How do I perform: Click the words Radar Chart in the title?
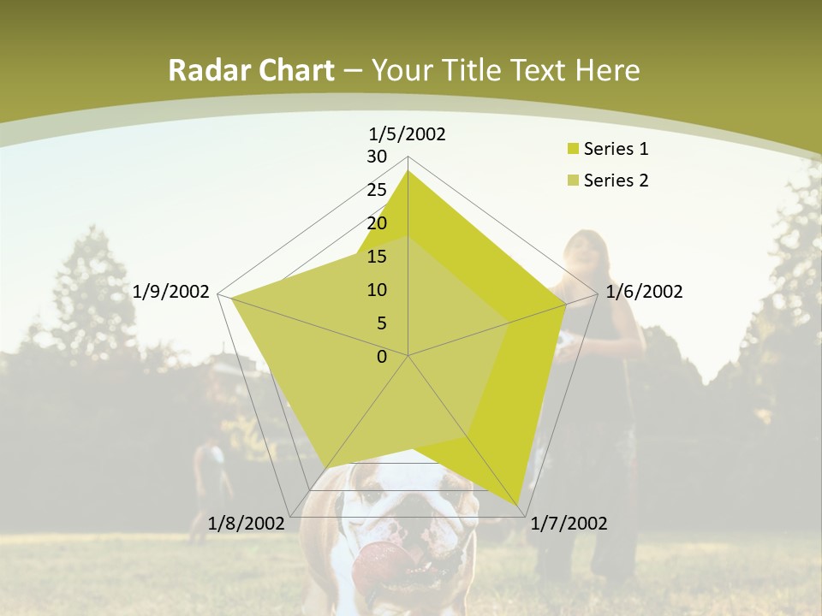(x=251, y=70)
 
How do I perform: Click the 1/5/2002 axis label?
(x=408, y=133)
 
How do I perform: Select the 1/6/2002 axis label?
(x=644, y=292)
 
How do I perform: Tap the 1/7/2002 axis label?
(x=569, y=524)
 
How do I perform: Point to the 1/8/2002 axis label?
(x=247, y=523)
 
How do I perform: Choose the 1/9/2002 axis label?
(x=171, y=292)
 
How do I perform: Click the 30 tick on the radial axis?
(x=377, y=157)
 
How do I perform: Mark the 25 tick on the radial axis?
(x=377, y=190)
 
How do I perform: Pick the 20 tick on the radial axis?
(x=377, y=223)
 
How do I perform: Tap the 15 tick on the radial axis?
(x=377, y=257)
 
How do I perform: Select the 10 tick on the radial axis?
(x=377, y=290)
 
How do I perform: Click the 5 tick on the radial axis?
(x=381, y=323)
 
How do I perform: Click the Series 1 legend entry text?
(x=616, y=149)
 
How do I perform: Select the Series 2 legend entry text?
(x=616, y=181)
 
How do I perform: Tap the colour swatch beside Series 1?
(x=573, y=150)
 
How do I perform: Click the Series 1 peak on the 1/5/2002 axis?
(x=408, y=171)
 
